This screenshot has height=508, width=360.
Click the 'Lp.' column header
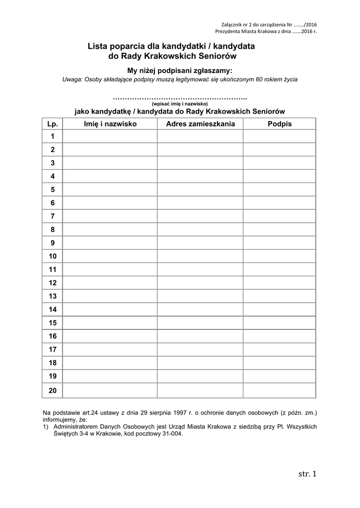[x=53, y=124]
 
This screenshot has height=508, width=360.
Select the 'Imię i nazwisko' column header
[x=110, y=124]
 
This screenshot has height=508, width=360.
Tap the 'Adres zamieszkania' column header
[x=200, y=124]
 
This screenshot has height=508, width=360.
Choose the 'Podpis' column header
[x=280, y=124]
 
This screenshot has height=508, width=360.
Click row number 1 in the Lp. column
[x=53, y=136]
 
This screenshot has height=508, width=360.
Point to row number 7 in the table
[x=53, y=216]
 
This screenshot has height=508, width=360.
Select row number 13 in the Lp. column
[x=53, y=296]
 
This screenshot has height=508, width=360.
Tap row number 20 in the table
[x=53, y=390]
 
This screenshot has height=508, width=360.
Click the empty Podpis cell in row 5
[x=280, y=190]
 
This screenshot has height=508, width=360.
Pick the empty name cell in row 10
[x=110, y=256]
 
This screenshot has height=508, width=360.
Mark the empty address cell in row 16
[x=200, y=336]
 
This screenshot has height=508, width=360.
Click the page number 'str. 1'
[x=307, y=474]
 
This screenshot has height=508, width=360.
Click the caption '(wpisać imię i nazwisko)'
[x=180, y=104]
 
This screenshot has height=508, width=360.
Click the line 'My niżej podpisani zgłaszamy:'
[x=180, y=70]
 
